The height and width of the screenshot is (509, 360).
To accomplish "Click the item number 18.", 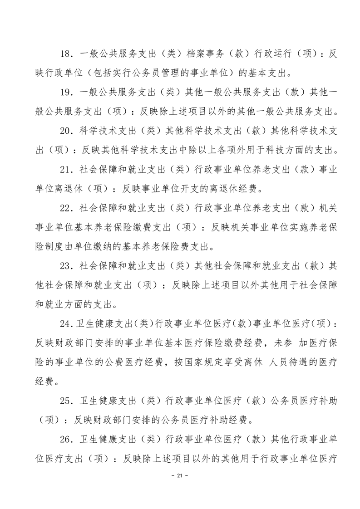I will pyautogui.click(x=65, y=54).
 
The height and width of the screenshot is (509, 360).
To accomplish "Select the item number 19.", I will pyautogui.click(x=65, y=92).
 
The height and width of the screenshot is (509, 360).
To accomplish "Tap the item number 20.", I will pyautogui.click(x=65, y=130).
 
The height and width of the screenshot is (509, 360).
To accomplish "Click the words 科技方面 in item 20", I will pyautogui.click(x=287, y=149).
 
